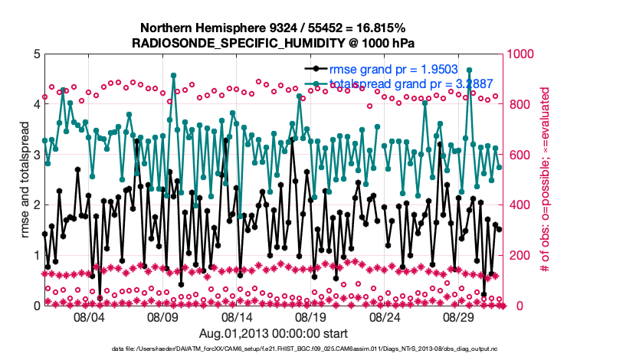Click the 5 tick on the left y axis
36,54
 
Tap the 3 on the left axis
36,155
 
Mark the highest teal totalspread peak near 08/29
469,70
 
